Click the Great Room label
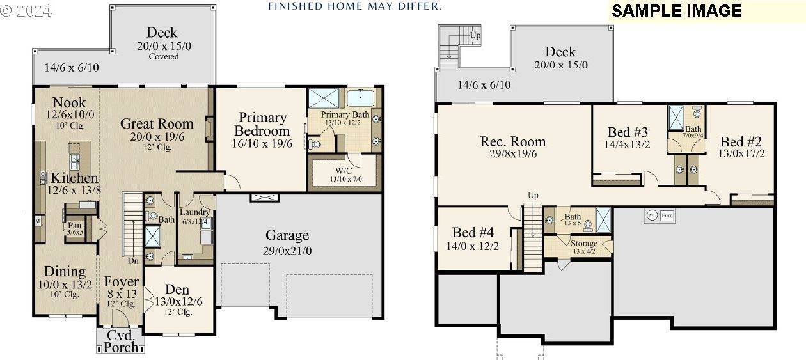[157, 124]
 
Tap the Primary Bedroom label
[262, 124]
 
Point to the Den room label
[177, 289]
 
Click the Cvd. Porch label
[120, 341]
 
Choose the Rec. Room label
[513, 141]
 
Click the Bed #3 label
[628, 132]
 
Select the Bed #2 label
[741, 141]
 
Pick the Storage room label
[583, 244]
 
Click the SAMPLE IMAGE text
[676, 11]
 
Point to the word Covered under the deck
[164, 56]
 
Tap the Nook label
[69, 102]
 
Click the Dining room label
[65, 272]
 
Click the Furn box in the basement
[667, 215]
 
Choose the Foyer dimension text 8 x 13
[122, 293]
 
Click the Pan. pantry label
[75, 225]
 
